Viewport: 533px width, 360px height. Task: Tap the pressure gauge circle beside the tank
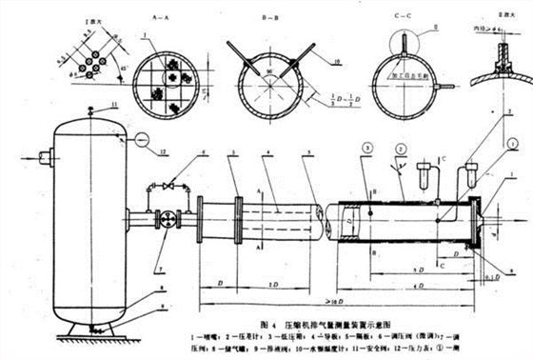(141, 139)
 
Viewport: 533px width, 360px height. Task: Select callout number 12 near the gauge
(164, 150)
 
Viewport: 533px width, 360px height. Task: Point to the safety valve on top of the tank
(89, 111)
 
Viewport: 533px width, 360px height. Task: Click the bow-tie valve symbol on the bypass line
(169, 186)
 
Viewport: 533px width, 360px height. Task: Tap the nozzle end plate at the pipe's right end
(477, 224)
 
